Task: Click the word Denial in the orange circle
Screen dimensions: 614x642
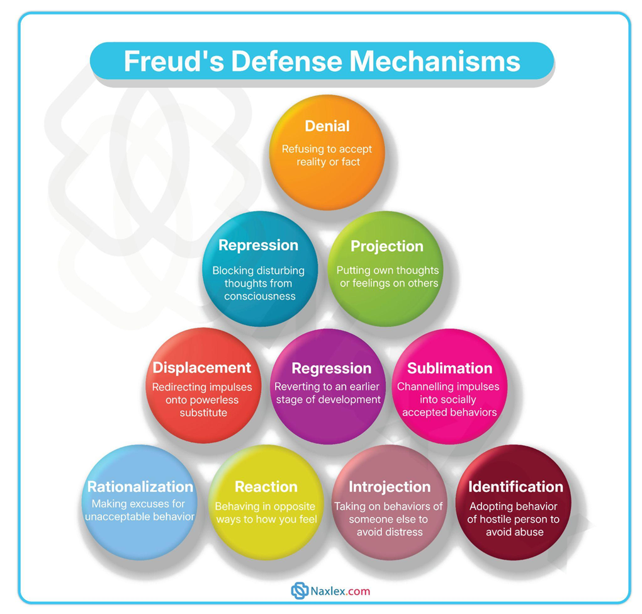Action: tap(327, 126)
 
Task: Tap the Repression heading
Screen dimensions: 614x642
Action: tap(258, 245)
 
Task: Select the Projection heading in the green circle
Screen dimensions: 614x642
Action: tap(386, 246)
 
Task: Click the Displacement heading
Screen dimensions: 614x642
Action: tap(201, 368)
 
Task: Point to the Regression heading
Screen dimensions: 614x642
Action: tap(331, 368)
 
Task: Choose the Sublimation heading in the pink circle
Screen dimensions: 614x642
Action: tap(449, 368)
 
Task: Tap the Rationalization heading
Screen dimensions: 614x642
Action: tap(140, 487)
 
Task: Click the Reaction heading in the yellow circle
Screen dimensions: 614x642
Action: tap(266, 487)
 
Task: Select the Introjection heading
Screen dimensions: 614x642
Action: tap(390, 487)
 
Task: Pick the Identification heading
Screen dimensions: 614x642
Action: tap(515, 487)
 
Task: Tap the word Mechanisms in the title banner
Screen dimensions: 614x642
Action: tap(435, 61)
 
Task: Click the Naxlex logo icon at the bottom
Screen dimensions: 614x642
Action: tap(299, 591)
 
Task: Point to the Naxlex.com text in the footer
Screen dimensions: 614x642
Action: tap(341, 591)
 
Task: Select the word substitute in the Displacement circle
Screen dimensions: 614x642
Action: tap(203, 412)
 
